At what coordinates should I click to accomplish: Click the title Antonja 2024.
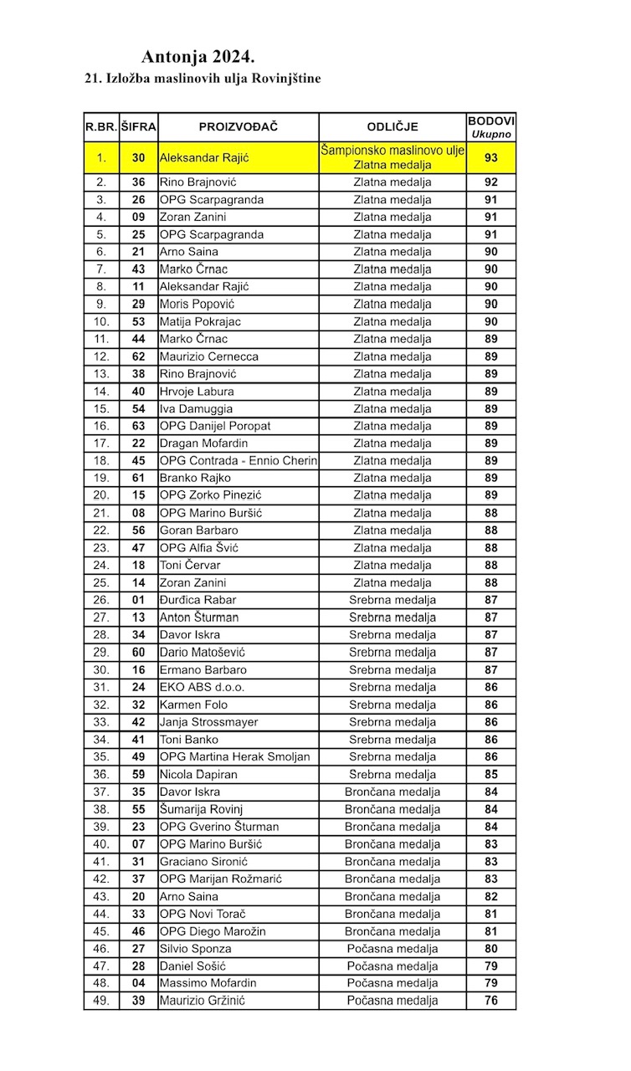(198, 57)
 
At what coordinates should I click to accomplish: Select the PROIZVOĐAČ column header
(238, 127)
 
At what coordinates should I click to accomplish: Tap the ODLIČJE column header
(392, 127)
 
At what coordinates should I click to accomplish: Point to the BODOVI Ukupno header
(491, 127)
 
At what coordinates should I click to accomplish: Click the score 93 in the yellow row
(491, 157)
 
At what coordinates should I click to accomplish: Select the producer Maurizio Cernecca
(209, 356)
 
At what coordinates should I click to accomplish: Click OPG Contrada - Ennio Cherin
(239, 461)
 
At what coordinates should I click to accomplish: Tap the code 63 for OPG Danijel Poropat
(139, 426)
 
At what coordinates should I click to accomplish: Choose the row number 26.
(101, 600)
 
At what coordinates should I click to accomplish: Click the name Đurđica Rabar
(198, 600)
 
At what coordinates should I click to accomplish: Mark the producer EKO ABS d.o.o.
(202, 687)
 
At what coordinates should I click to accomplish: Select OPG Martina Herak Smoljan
(234, 757)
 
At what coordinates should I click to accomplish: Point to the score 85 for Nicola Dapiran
(491, 775)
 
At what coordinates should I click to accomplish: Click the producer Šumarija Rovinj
(201, 810)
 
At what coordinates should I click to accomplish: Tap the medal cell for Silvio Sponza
(392, 949)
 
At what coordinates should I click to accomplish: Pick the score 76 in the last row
(491, 1001)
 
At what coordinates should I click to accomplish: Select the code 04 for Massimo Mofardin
(139, 983)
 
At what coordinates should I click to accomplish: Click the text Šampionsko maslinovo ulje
(392, 150)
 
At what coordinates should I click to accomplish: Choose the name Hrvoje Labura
(197, 392)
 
